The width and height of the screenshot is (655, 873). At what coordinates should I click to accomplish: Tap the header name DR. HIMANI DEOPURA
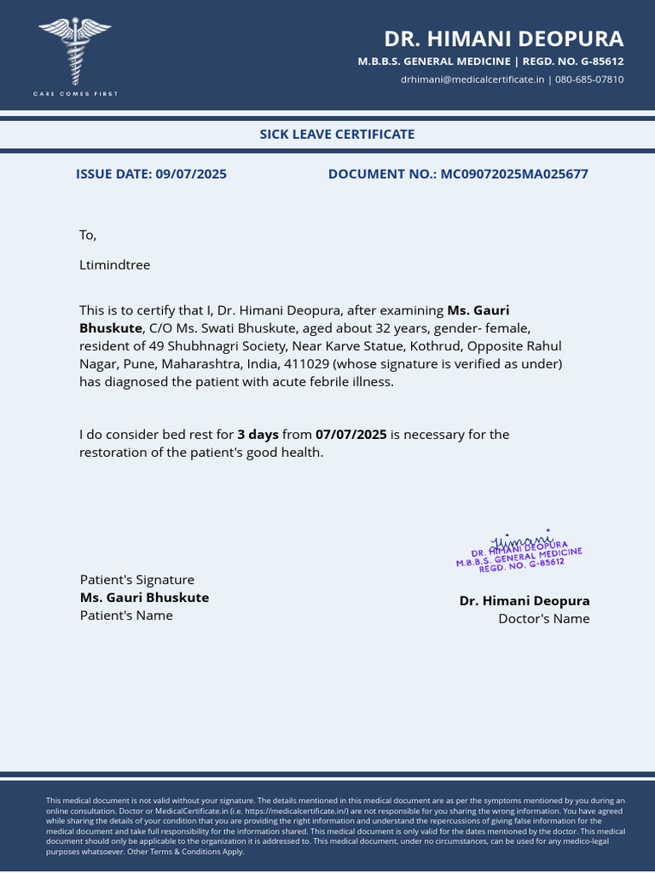[503, 39]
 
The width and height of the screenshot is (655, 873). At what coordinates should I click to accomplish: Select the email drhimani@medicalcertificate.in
[472, 79]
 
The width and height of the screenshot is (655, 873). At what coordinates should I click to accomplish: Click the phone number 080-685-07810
[589, 79]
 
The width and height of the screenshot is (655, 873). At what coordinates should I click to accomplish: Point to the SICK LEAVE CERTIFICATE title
[337, 134]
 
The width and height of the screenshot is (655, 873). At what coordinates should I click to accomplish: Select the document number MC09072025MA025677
[514, 174]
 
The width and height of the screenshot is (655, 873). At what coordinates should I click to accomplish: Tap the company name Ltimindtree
[114, 265]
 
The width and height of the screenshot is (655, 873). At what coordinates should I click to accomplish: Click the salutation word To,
[88, 235]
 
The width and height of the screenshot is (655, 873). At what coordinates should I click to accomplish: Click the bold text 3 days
[258, 435]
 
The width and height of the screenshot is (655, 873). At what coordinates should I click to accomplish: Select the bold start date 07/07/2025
[351, 435]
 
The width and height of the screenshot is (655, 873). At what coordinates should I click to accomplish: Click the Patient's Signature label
[136, 580]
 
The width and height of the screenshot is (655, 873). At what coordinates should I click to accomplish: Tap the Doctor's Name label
[543, 619]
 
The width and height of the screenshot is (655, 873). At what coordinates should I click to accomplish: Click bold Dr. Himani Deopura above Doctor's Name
[524, 601]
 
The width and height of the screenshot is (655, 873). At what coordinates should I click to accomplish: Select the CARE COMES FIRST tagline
[75, 94]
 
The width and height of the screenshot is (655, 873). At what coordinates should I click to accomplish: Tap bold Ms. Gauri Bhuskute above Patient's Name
[144, 598]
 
